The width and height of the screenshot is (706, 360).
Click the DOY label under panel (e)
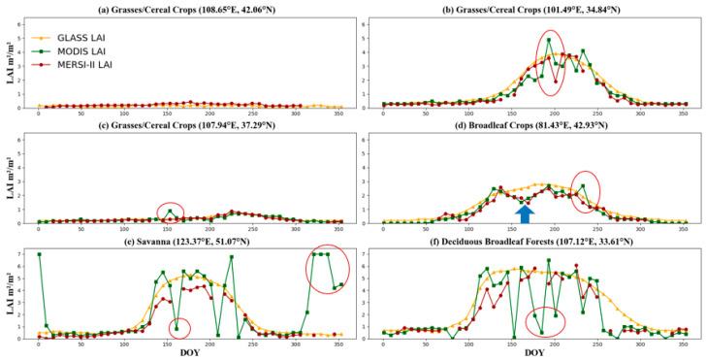point(190,352)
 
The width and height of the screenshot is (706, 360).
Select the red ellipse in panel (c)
point(170,213)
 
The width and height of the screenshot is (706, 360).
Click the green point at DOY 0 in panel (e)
point(39,254)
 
